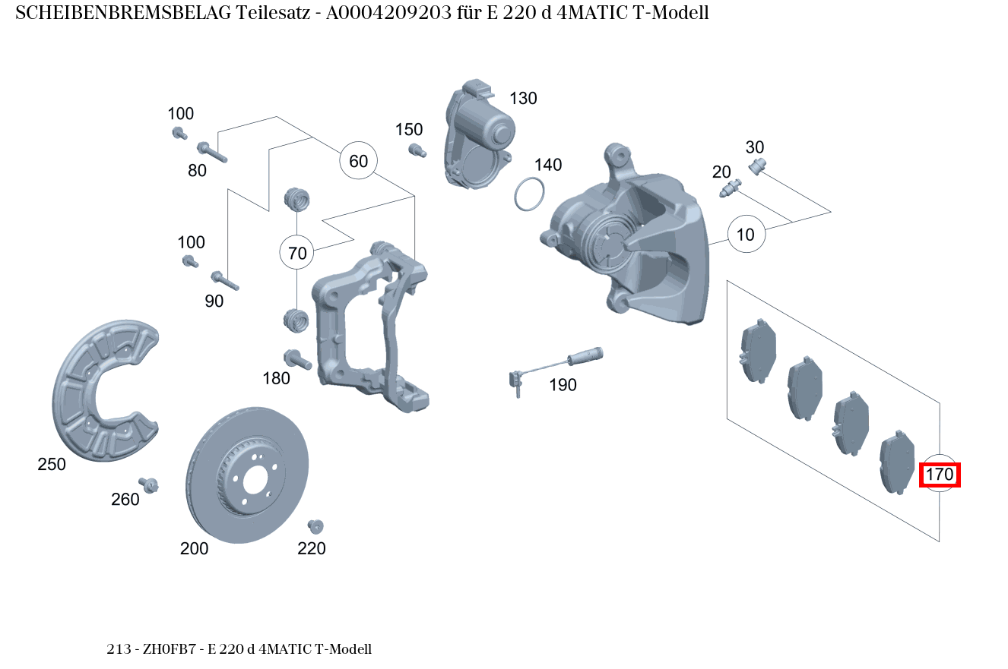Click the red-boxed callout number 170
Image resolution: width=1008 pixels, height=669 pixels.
pyautogui.click(x=940, y=475)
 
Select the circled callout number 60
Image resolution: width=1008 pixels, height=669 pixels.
pyautogui.click(x=358, y=161)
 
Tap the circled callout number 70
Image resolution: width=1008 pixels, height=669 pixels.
pyautogui.click(x=297, y=253)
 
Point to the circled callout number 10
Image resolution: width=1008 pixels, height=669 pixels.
pyautogui.click(x=746, y=235)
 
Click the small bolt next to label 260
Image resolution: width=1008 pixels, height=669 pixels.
pyautogui.click(x=149, y=484)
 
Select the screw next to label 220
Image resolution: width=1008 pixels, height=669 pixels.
pyautogui.click(x=315, y=526)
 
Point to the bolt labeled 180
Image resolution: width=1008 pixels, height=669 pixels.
pyautogui.click(x=296, y=359)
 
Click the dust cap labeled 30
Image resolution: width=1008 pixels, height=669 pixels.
pyautogui.click(x=757, y=166)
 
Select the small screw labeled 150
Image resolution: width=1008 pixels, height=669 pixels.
pyautogui.click(x=415, y=150)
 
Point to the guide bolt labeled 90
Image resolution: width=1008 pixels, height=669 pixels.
pyautogui.click(x=225, y=281)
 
